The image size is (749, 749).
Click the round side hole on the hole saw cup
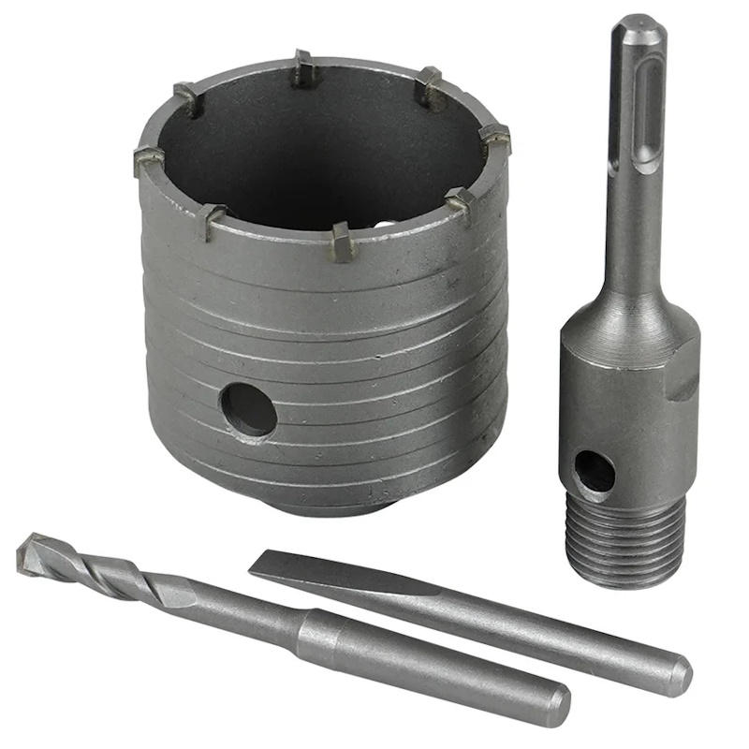[248, 410]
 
